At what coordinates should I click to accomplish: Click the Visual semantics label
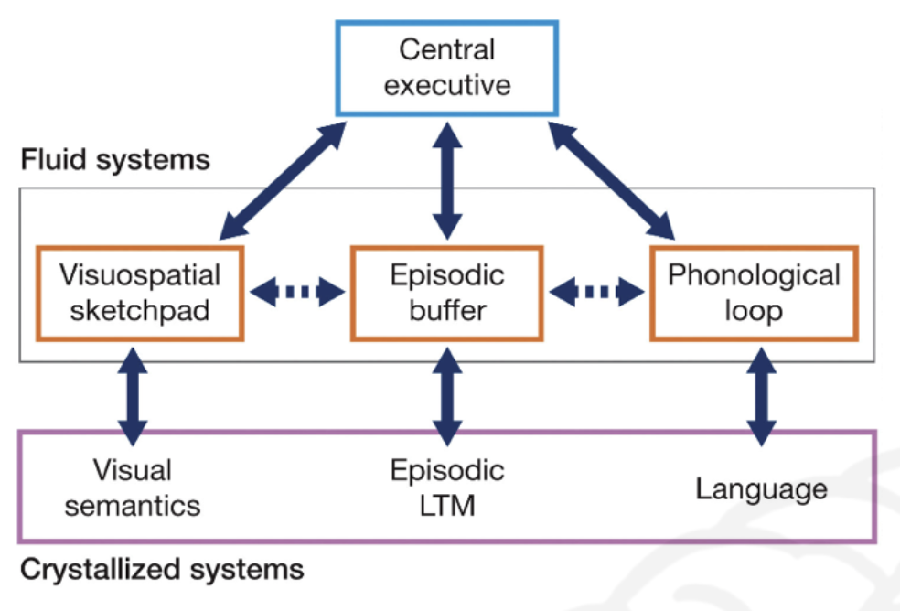tap(133, 488)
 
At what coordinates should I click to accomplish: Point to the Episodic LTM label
tap(447, 488)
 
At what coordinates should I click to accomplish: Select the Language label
tap(762, 490)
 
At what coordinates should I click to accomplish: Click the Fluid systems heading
tap(115, 159)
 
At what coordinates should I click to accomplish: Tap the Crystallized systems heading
tap(162, 570)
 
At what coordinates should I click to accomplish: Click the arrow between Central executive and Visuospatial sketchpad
tap(283, 180)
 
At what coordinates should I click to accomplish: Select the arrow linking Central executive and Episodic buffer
tap(447, 180)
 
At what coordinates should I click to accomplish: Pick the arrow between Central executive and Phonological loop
tap(611, 180)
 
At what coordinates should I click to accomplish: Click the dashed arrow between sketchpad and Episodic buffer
tap(298, 292)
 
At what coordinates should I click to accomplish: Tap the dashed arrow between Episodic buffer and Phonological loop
tap(597, 292)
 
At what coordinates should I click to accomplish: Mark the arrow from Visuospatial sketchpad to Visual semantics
tap(133, 397)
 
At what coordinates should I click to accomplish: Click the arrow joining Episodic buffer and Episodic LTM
tap(447, 397)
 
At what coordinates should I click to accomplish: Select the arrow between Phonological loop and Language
tap(762, 397)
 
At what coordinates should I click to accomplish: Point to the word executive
tap(447, 86)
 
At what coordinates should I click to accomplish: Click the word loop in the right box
tap(754, 312)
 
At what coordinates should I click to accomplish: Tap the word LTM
tap(447, 506)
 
